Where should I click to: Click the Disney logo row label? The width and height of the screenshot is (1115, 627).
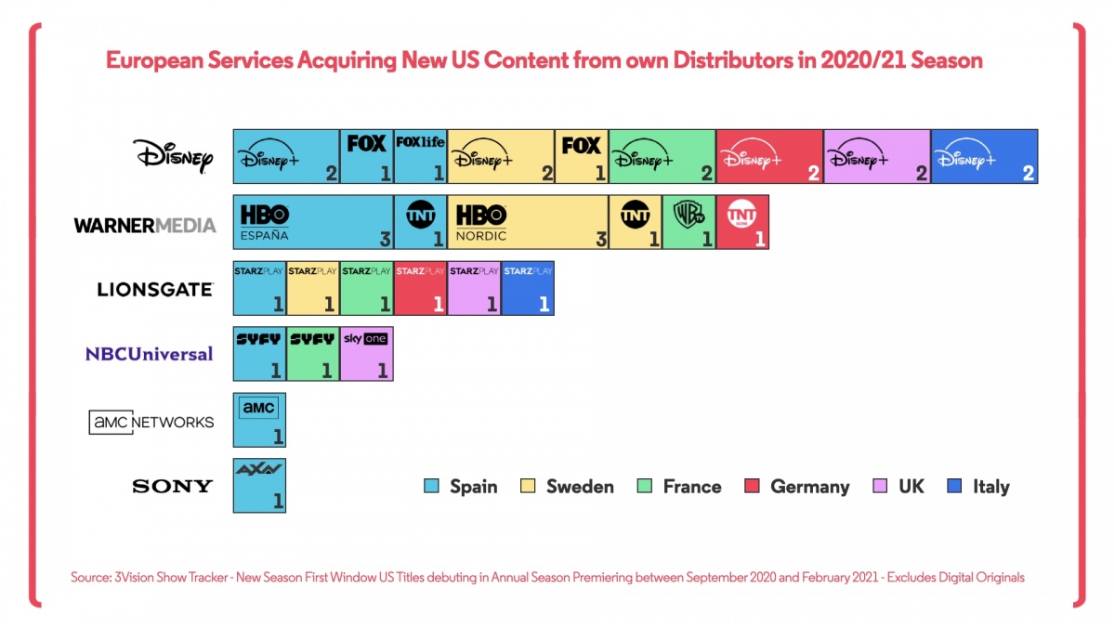[x=173, y=156]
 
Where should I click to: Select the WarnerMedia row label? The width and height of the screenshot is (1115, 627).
[x=145, y=224]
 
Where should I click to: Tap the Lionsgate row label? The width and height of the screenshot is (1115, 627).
[x=155, y=289]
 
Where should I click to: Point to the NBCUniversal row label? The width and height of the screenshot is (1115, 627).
[x=149, y=354]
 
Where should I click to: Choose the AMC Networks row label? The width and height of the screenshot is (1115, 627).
[x=151, y=422]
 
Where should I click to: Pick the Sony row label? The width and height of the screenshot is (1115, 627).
[x=173, y=486]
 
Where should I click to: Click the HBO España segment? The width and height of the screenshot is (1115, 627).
[x=313, y=222]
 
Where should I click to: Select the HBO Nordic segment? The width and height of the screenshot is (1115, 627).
[x=528, y=222]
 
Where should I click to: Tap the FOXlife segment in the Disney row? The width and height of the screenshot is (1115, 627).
[x=420, y=156]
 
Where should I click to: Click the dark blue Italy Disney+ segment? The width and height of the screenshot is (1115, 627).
[x=984, y=156]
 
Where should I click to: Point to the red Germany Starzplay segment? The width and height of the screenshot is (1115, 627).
[x=420, y=288]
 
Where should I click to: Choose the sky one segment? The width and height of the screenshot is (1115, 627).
[x=366, y=354]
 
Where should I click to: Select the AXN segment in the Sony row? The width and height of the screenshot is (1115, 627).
[x=259, y=485]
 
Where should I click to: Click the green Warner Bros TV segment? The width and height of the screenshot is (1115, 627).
[x=689, y=222]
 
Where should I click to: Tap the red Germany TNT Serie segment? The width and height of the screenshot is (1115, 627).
[x=742, y=222]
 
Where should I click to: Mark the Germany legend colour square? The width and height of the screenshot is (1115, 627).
[x=754, y=487]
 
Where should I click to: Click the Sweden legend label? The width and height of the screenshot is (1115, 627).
[x=580, y=487]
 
